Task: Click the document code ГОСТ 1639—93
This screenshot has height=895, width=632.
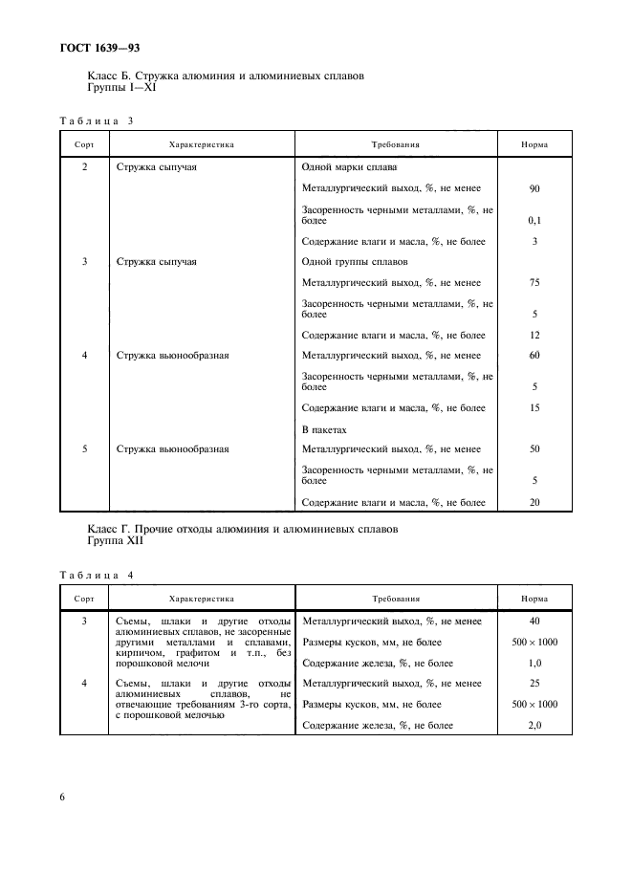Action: click(99, 46)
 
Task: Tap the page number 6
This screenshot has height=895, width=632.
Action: click(63, 796)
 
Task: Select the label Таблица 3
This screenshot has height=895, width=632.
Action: click(98, 120)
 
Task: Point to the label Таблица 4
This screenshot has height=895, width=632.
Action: click(98, 574)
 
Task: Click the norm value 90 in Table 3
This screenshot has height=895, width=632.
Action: click(534, 188)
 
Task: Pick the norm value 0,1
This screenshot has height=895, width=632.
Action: click(534, 220)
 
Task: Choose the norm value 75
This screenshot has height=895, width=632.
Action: click(534, 283)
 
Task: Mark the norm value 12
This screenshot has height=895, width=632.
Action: click(534, 336)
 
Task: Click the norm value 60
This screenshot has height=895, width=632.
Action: click(534, 356)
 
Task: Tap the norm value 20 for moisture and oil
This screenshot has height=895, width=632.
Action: click(534, 502)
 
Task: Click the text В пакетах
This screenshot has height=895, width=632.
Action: click(324, 429)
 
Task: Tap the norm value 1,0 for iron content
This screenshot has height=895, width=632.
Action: click(534, 663)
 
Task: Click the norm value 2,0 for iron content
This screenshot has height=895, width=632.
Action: click(534, 726)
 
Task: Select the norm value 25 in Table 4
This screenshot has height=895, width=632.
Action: click(534, 684)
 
